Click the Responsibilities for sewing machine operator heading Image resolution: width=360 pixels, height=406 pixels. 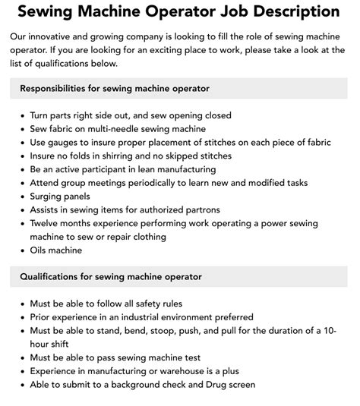coord(115,90)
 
